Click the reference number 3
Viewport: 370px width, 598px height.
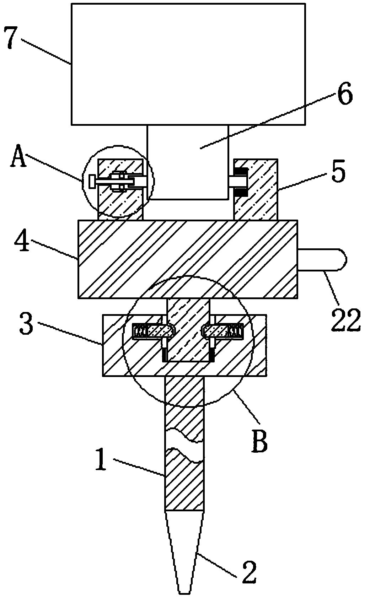tap(27, 326)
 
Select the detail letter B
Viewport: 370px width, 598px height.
tap(259, 440)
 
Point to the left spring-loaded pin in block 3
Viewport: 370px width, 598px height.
tap(153, 332)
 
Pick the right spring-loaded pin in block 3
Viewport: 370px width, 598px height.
tap(223, 332)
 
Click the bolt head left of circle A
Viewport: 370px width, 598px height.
tap(92, 182)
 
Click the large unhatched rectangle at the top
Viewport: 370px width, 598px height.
tap(188, 64)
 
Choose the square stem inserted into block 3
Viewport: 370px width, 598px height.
tap(188, 329)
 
